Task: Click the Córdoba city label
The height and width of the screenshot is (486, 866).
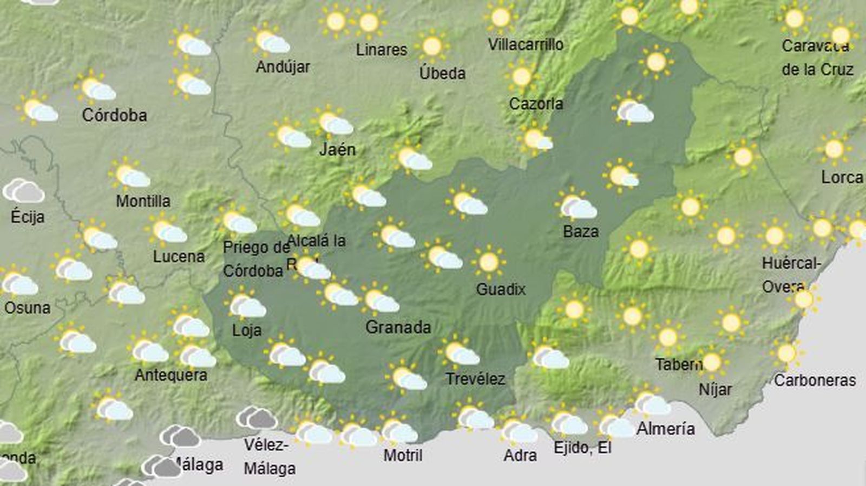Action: [114, 115]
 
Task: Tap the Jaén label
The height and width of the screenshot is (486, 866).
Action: [337, 149]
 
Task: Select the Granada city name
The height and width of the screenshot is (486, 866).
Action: [398, 327]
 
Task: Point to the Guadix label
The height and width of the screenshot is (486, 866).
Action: [501, 289]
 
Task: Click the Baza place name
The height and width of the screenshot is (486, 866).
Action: [581, 232]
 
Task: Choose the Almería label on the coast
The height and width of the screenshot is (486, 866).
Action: [666, 429]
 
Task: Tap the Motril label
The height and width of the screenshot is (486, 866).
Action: [403, 455]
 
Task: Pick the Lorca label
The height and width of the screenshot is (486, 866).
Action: [842, 177]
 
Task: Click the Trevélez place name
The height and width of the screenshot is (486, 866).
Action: [475, 379]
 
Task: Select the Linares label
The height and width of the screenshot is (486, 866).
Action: [382, 50]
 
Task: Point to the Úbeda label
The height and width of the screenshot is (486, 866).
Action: [442, 73]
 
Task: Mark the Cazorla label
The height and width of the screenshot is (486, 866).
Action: [536, 103]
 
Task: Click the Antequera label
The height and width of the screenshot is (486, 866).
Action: [171, 375]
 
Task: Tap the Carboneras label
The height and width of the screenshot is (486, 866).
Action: [815, 380]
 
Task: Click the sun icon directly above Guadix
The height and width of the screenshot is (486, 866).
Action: [489, 262]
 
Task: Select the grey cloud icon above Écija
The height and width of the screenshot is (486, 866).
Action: [24, 191]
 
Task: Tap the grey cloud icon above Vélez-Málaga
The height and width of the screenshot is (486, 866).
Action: [257, 418]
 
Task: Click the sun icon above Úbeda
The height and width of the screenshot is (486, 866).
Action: [432, 46]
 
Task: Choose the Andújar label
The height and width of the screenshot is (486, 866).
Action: [283, 67]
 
